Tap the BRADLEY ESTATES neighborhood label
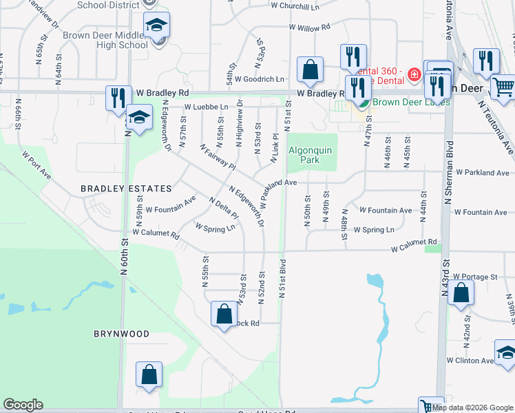pos(126,188)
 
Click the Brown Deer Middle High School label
pos(105,40)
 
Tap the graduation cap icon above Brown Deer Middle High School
pos(157,26)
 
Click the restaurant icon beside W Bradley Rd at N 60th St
pos(118,98)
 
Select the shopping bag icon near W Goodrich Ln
pos(311,70)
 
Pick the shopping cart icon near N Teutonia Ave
pos(504,87)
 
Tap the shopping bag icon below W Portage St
pos(461,293)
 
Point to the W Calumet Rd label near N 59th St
pos(156,233)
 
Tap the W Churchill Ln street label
pos(295,6)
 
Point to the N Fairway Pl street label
pos(217,156)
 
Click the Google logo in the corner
pos(23,405)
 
